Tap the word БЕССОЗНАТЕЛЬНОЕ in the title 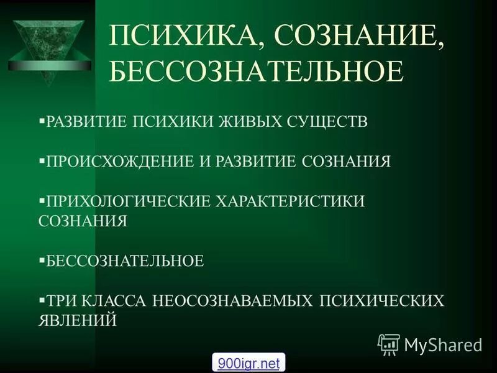pos(256,71)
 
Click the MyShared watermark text pos(443,344)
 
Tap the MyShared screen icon pos(389,344)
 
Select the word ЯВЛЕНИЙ pos(78,321)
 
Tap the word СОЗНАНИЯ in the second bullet pos(347,162)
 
